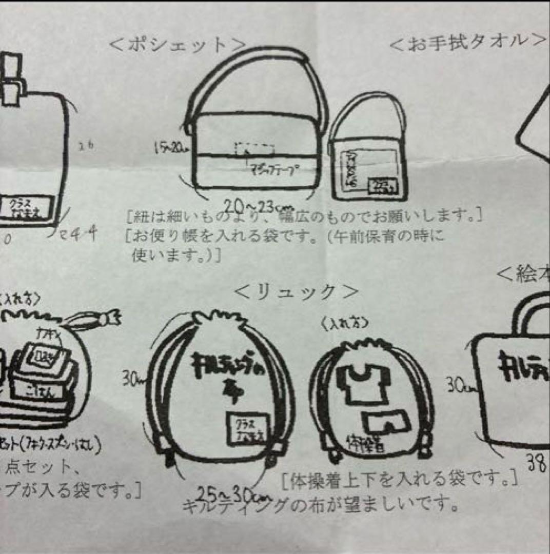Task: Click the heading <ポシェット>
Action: click(177, 45)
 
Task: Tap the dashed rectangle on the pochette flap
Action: click(254, 149)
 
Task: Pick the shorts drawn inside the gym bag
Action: click(386, 422)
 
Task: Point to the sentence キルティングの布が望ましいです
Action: click(321, 506)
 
